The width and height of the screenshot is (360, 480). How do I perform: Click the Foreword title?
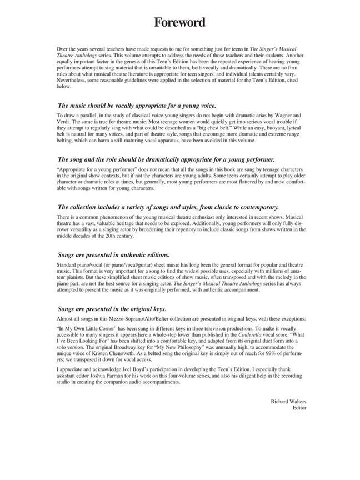pyautogui.click(x=180, y=22)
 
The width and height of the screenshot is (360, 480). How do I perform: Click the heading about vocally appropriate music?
pyautogui.click(x=136, y=105)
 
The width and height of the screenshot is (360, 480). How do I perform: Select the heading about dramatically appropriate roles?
pyautogui.click(x=166, y=159)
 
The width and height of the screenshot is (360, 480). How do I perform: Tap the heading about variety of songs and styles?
pyautogui.click(x=168, y=207)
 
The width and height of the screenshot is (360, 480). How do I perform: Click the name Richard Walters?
pyautogui.click(x=288, y=401)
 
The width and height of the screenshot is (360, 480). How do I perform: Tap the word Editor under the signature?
pyautogui.click(x=299, y=407)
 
